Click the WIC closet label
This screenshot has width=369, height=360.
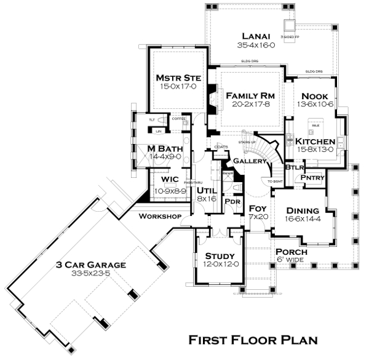coord(170,179)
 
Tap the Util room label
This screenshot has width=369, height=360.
coord(205,190)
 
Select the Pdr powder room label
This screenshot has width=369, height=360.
coord(232,201)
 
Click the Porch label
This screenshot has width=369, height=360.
coord(292,252)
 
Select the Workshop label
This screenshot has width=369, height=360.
coord(159,217)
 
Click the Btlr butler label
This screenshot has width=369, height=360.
coord(296,167)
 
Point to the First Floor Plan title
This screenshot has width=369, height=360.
coord(253,340)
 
